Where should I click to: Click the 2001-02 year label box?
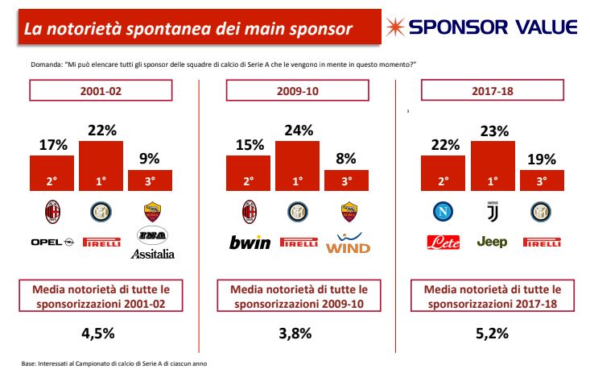101,90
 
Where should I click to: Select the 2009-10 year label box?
297,90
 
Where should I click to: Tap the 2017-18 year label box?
492,90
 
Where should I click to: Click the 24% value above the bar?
299,131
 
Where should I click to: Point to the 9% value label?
150,159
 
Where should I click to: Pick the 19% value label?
542,160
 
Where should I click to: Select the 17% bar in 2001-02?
52,173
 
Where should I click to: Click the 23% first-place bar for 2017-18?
493,166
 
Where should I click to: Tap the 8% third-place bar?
346,180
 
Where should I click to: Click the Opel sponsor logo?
52,243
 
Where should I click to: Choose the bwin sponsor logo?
250,243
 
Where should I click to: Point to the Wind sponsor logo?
348,243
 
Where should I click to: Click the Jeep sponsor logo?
492,242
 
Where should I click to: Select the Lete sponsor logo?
444,243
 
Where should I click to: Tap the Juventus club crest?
493,212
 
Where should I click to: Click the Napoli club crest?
443,212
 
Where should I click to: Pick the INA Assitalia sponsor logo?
152,243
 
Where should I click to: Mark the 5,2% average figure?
492,334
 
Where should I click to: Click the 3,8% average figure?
295,334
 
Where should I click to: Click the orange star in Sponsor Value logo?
395,27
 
